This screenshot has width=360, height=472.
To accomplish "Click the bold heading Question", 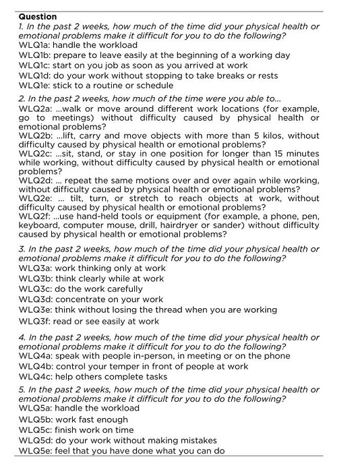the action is point(38,16).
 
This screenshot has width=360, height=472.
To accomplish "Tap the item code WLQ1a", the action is point(34,45).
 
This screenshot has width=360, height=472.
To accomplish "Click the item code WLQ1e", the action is point(34,86).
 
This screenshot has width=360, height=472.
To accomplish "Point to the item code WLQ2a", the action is point(34,108).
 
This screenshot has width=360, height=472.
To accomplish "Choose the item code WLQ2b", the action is point(34,136).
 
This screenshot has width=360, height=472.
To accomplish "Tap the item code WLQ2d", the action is point(34,179).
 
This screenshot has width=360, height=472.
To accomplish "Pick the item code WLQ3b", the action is point(34,278).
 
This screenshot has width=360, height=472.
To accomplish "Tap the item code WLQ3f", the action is point(34,321).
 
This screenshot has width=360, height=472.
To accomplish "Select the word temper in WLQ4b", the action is point(123,366).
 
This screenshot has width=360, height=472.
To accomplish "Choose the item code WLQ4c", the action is point(34,377).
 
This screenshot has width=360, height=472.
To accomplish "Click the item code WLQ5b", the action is point(34,419).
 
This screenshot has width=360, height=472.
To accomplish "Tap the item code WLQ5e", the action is point(34,451).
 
